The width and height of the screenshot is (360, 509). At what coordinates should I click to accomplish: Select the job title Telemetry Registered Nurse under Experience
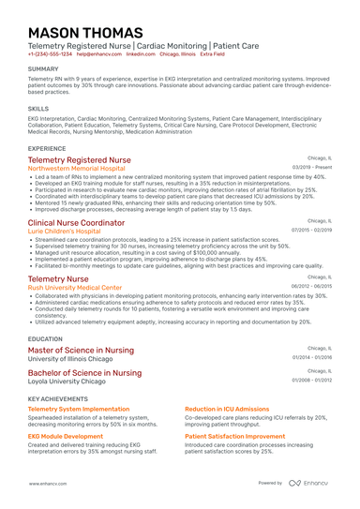pos(80,160)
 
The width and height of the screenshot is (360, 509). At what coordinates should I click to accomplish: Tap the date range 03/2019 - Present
pos(312,169)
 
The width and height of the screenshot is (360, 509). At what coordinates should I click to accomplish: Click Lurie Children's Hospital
pos(64,231)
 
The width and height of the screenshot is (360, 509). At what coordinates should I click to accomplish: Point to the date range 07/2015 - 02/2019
pos(311,231)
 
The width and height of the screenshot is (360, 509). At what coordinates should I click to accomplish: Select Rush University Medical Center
pos(75,287)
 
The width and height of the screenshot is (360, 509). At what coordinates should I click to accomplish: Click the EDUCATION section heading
pos(45,338)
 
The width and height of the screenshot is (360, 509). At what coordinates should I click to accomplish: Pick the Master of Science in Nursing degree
pos(81,350)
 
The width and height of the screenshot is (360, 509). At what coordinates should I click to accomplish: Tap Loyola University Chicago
pos(67,382)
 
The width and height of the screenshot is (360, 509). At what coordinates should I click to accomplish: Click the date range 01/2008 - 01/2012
pos(311,382)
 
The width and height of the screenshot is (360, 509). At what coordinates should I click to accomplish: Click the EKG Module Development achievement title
pos(66,437)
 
